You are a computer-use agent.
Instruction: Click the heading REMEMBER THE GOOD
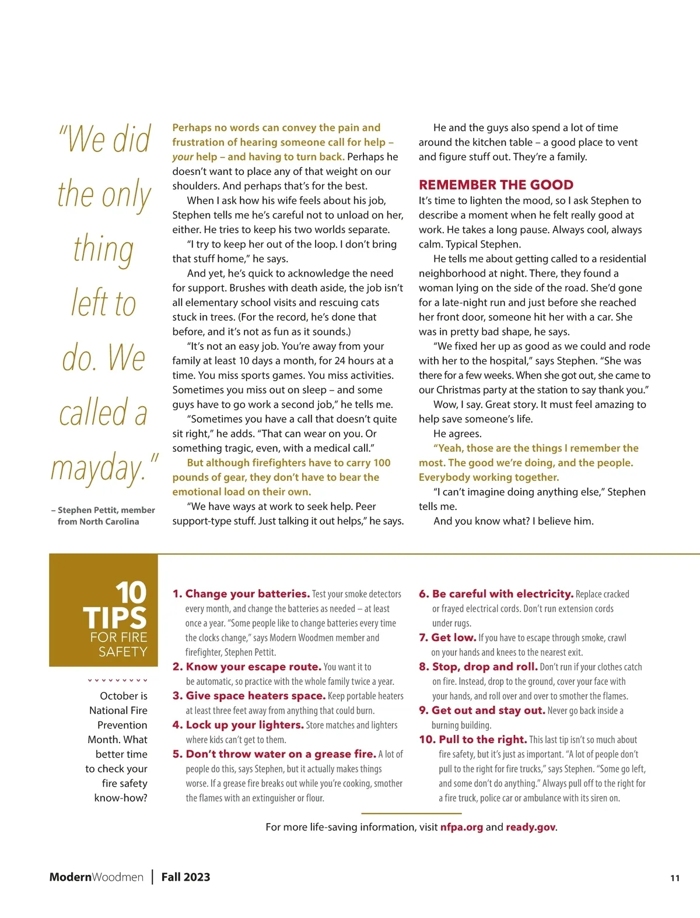pyautogui.click(x=496, y=185)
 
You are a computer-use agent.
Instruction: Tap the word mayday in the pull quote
pyautogui.click(x=97, y=468)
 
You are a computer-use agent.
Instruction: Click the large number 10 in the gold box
pyautogui.click(x=131, y=593)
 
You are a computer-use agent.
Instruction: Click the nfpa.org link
pyautogui.click(x=461, y=827)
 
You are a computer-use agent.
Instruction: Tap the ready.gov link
pyautogui.click(x=530, y=827)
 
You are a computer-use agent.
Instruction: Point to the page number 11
pyautogui.click(x=675, y=878)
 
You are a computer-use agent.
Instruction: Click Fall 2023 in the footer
pyautogui.click(x=185, y=877)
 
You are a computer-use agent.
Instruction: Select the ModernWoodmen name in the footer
pyautogui.click(x=96, y=877)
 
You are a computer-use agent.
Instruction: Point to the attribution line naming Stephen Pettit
pyautogui.click(x=103, y=515)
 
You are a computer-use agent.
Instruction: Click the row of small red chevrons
pyautogui.click(x=117, y=680)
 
